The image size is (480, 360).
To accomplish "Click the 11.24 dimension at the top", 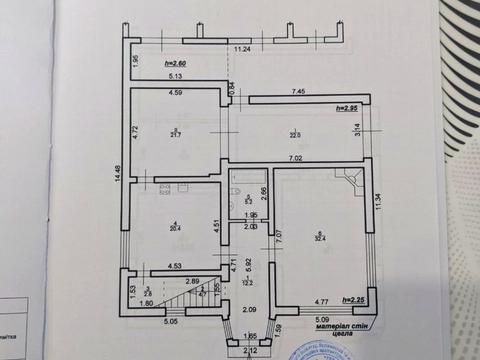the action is (242, 48).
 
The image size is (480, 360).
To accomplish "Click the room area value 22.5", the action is (295, 136).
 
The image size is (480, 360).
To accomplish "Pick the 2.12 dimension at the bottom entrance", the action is (249, 351).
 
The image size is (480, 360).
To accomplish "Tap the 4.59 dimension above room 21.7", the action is (174, 93).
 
